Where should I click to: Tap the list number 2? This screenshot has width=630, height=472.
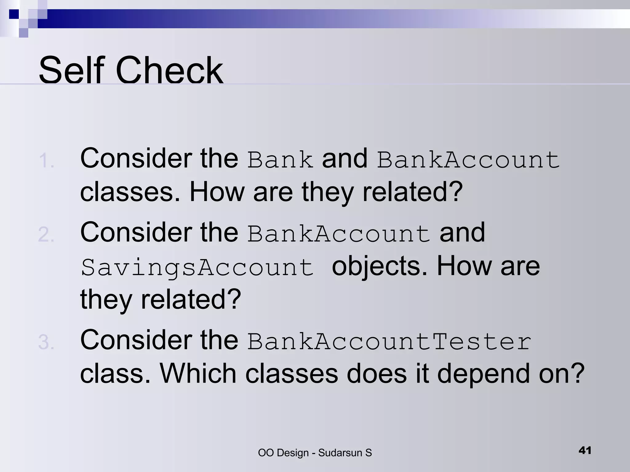point(46,235)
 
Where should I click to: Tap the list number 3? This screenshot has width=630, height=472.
point(46,342)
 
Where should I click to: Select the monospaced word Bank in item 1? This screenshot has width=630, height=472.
point(280,160)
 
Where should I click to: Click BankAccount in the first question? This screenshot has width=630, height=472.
point(468,160)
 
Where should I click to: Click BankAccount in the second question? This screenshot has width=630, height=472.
point(339,234)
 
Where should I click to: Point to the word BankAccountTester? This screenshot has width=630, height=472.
point(389,342)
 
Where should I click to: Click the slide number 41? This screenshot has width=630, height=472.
point(585,450)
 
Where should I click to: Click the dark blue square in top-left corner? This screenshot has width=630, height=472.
point(14,14)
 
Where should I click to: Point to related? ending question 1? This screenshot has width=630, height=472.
point(413,192)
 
